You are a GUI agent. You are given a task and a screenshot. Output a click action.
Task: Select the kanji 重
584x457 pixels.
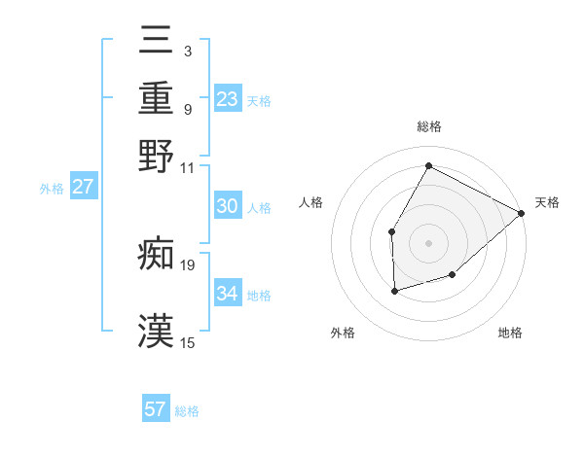(x=156, y=99)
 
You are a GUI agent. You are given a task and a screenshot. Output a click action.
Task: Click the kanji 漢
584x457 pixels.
(x=156, y=331)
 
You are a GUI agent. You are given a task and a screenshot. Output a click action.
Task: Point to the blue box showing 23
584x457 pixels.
(x=227, y=98)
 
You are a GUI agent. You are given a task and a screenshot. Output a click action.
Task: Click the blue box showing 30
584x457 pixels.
(x=227, y=206)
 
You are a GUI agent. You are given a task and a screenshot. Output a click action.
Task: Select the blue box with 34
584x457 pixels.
(x=227, y=293)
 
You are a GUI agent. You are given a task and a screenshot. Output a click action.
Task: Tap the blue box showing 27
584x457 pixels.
(x=83, y=187)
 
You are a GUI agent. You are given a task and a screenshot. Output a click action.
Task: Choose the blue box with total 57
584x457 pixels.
(x=156, y=409)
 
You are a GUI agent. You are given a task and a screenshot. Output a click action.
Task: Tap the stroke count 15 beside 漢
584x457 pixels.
(x=187, y=342)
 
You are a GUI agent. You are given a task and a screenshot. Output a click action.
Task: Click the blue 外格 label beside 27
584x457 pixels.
(x=52, y=189)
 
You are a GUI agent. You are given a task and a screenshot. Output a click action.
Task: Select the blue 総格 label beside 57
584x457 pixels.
(x=187, y=411)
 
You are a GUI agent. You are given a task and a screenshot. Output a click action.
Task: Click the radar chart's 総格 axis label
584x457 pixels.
(x=428, y=126)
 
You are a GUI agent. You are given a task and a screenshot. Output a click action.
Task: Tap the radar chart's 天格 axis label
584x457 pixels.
(x=547, y=202)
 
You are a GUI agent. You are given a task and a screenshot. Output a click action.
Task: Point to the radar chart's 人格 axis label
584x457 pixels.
(x=311, y=202)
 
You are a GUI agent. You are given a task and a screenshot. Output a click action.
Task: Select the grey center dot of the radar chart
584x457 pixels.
(x=428, y=242)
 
